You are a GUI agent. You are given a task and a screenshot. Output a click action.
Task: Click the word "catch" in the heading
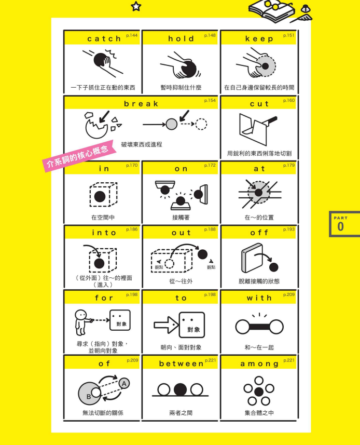pos(104,38)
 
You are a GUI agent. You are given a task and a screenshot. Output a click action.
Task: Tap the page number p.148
pos(210,35)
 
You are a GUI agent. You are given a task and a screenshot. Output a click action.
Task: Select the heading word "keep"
pos(259,39)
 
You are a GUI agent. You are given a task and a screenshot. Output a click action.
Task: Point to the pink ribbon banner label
pos(79,156)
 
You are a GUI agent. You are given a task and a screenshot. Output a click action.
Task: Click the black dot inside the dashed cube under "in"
pos(100,196)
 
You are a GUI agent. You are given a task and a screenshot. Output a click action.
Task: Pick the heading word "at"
pos(259,169)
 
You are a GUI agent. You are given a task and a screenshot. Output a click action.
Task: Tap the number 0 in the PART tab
pos(340,226)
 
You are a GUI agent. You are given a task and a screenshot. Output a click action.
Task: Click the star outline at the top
pos(136,6)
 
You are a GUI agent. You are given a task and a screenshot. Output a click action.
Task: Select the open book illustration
pos(270,11)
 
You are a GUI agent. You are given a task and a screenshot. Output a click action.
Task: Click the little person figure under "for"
pos(82,322)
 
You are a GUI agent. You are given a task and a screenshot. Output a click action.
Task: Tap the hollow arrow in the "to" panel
pos(166,325)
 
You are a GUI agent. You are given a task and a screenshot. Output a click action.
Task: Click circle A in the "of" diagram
pos(124,384)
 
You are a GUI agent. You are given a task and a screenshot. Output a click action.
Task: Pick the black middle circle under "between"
pos(181,389)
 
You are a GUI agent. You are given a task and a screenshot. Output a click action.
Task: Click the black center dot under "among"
pos(259,392)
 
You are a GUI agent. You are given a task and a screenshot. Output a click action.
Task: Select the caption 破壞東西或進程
pos(142,144)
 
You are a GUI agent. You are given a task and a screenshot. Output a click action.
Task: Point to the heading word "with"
pos(259,298)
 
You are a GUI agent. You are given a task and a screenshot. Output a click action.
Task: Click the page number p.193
pos(289,230)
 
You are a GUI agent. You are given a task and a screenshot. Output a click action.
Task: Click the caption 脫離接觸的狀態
pos(259,281)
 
